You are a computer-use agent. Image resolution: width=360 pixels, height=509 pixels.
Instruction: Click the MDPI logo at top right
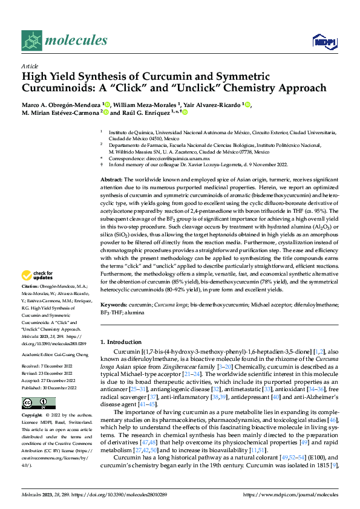[x=322, y=41]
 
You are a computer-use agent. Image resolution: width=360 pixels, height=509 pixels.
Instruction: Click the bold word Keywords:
[x=114, y=305]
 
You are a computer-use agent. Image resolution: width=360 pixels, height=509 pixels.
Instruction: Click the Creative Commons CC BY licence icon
[x=30, y=403]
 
